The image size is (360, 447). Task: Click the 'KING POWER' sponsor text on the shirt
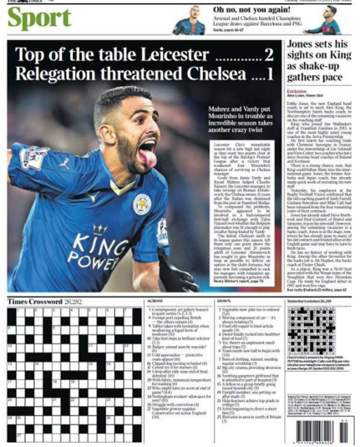pyautogui.click(x=88, y=233)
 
